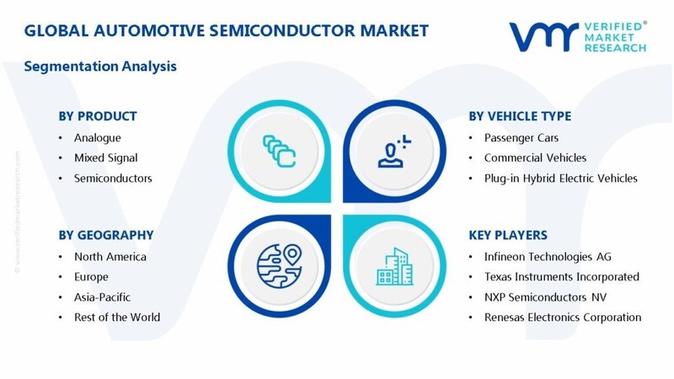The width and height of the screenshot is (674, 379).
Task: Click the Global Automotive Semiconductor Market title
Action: (226, 31)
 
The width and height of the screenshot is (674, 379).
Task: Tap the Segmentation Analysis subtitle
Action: (100, 66)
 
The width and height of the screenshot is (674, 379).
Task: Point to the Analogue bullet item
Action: (97, 137)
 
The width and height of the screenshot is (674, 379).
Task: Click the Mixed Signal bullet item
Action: (105, 157)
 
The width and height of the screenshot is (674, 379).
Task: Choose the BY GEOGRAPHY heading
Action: (105, 235)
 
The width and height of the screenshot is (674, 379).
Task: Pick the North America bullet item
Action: (110, 256)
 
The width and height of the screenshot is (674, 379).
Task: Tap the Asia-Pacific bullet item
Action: (103, 296)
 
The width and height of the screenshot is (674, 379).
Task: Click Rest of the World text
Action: (116, 317)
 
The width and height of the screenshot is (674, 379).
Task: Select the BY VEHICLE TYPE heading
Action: (521, 116)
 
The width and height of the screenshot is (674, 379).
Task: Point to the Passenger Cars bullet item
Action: (520, 137)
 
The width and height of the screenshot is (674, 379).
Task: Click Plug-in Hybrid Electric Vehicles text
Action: (560, 178)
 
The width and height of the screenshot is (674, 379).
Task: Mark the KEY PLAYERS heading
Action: (510, 235)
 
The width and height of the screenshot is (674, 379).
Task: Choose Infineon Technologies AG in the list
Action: (548, 256)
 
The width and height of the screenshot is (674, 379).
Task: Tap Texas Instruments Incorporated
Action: (561, 276)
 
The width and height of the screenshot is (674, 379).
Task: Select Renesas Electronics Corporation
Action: (563, 317)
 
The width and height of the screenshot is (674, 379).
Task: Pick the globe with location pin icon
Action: (279, 264)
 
